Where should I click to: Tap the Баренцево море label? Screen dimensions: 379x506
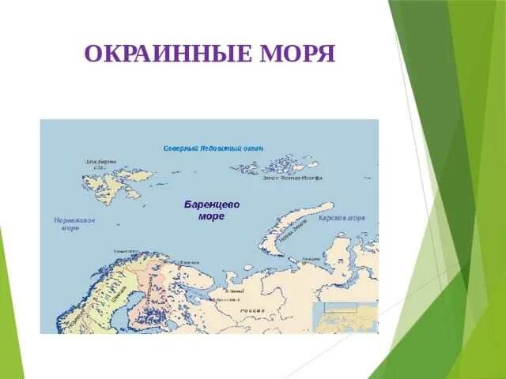pos(212,209)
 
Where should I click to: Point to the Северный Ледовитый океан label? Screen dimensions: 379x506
pos(213,148)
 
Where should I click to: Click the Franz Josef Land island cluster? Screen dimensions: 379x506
pos(281,167)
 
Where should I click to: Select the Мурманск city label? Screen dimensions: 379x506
pos(190,261)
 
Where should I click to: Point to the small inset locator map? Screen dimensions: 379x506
pos(345,317)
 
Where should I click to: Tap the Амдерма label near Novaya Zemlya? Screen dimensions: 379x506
pos(312,258)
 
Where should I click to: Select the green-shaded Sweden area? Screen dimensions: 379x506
pos(111,292)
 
